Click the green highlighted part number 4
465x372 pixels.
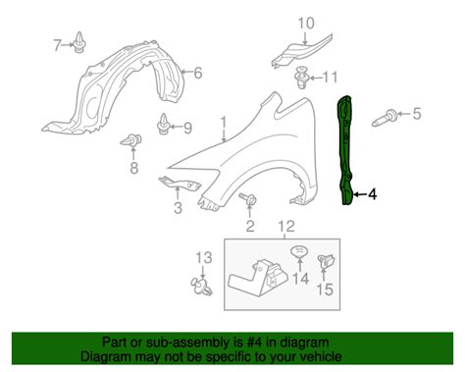coord(344,150)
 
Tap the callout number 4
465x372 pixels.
coord(372,194)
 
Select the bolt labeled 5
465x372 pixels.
coord(386,118)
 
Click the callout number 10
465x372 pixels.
coord(306,23)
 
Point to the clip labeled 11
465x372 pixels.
coord(301,78)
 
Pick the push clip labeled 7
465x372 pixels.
coord(79,42)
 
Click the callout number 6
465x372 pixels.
coord(198,73)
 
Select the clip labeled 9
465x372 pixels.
coord(164,124)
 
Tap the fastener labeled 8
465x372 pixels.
coord(131,140)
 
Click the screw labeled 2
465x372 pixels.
coord(248,199)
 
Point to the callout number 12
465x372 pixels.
coord(286,226)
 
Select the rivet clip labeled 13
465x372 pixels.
coord(201,286)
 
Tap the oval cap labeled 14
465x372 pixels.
coord(299,251)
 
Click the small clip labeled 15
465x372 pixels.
coord(326,262)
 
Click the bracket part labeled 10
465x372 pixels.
coord(301,51)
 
